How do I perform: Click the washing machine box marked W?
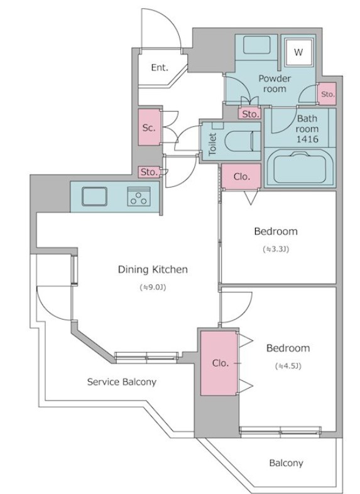point(298,52)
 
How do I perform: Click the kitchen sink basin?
point(94,196)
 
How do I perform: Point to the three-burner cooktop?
point(139,196)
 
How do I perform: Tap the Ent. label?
point(160,67)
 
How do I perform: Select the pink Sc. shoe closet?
point(149,127)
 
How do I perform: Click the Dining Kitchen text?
point(153,269)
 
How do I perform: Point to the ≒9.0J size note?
point(153,287)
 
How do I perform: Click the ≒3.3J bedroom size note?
point(276,249)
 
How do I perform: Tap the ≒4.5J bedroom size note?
point(288,366)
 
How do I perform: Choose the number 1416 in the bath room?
point(307,139)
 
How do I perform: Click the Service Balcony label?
point(122,382)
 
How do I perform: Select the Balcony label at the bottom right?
point(286,463)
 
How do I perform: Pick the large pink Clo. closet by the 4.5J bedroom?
point(219,363)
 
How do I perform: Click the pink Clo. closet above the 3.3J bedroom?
point(241,176)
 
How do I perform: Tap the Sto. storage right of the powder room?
point(327,94)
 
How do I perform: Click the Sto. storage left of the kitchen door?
point(149,172)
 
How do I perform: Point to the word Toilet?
point(212,144)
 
